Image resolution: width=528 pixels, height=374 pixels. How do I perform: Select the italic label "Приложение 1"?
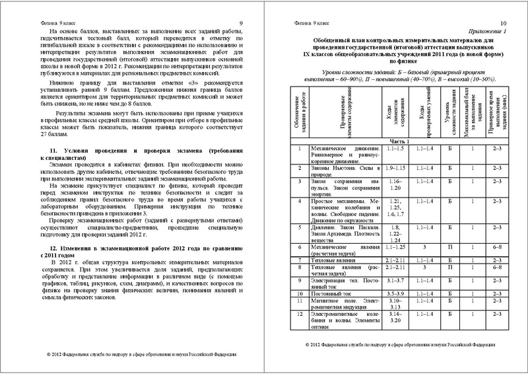point(486,31)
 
